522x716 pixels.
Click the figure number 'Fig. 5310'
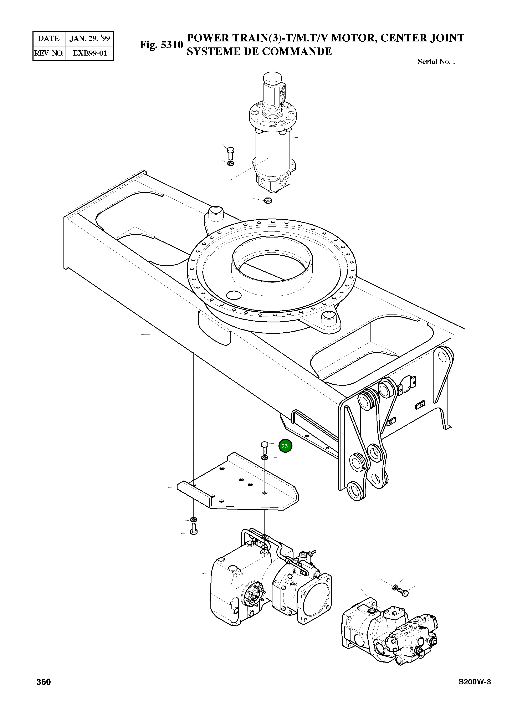(161, 45)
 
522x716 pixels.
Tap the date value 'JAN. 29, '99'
(90, 39)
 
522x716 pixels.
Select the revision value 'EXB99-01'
(90, 53)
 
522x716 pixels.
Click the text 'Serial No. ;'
(436, 62)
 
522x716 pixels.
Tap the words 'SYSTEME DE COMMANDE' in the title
(259, 51)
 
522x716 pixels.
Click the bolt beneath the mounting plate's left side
(194, 535)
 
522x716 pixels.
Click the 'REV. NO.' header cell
(49, 53)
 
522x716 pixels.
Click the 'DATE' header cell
(49, 39)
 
